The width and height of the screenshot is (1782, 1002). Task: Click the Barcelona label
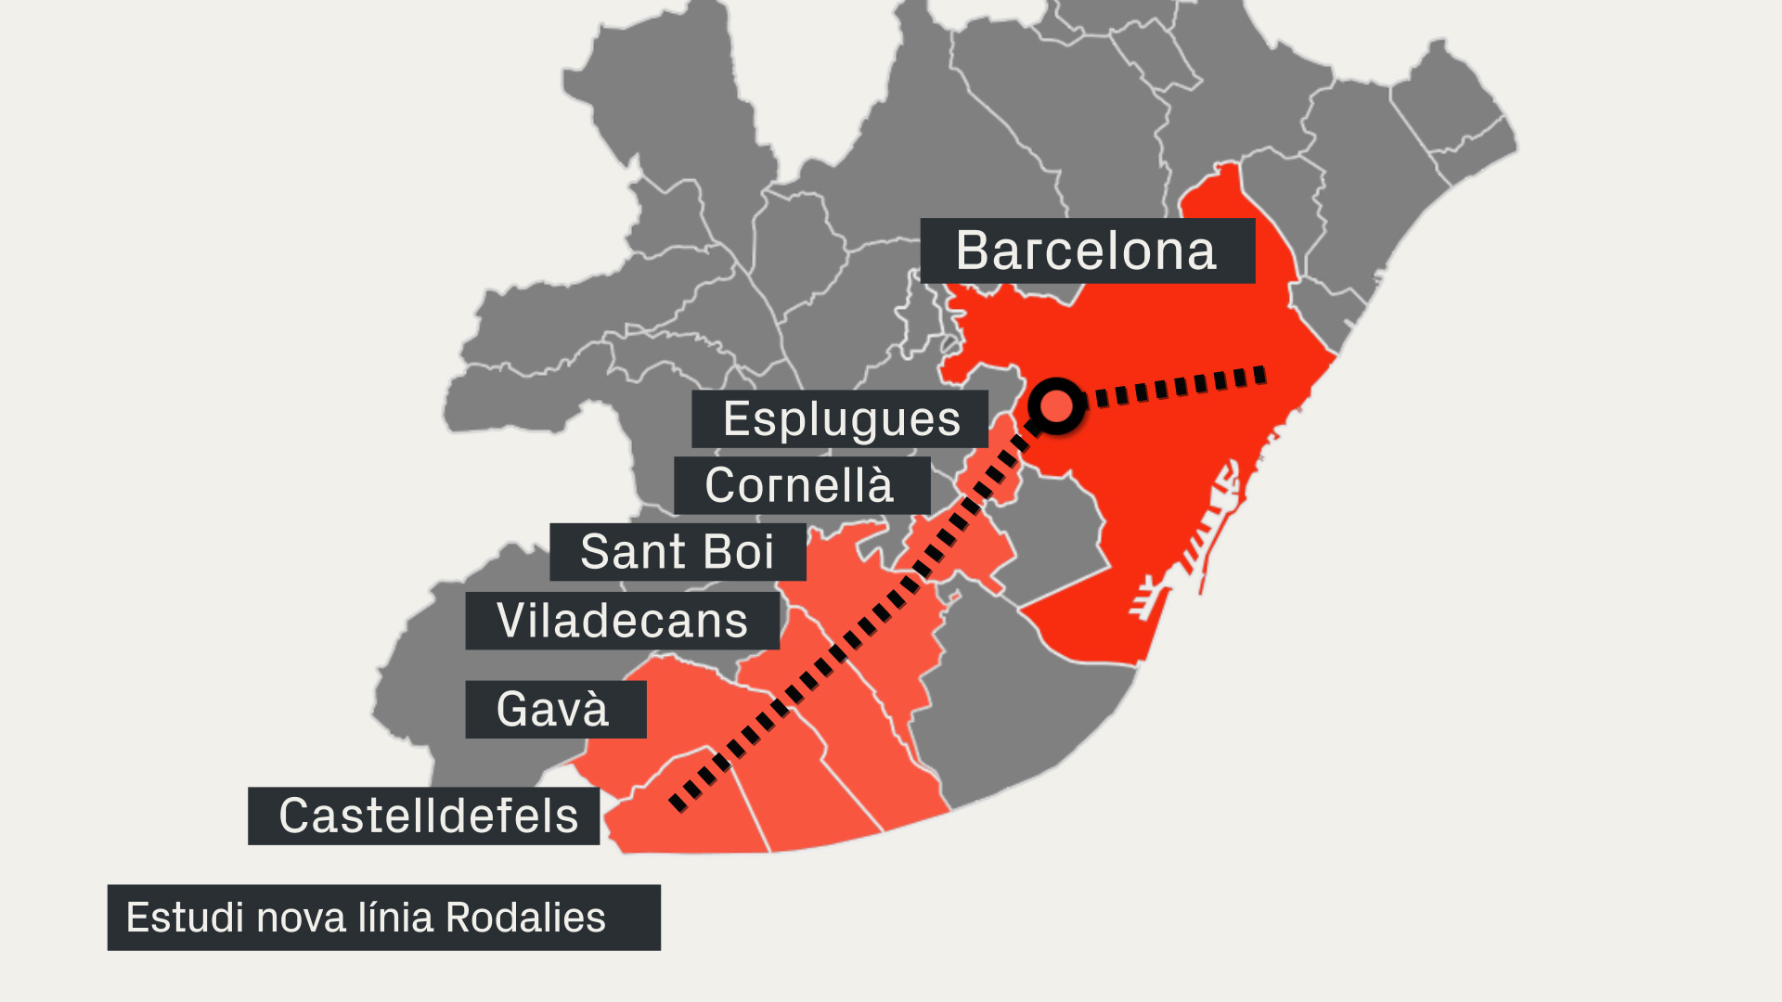click(x=1087, y=250)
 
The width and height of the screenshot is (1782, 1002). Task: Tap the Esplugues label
click(x=841, y=419)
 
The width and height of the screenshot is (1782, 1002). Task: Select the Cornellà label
click(x=800, y=485)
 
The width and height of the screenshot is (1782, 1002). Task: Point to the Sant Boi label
click(x=677, y=552)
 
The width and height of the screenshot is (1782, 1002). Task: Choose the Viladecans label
click(x=622, y=621)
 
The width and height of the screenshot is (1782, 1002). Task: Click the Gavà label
click(x=554, y=710)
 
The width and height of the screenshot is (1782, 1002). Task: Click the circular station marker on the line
click(x=1056, y=405)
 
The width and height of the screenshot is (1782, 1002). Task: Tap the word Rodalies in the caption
click(x=525, y=918)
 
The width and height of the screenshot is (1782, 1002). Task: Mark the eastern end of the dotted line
click(x=1259, y=375)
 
